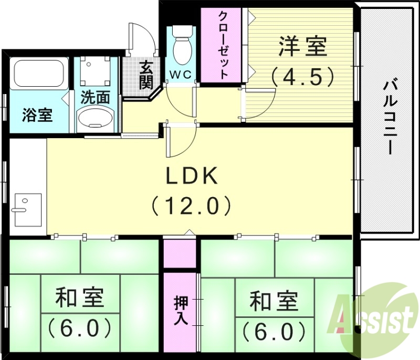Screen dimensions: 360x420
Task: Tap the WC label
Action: (180, 74)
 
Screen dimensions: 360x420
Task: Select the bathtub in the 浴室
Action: (38, 74)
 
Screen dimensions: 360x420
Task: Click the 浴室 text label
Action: (37, 115)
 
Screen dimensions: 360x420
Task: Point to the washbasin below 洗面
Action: (95, 120)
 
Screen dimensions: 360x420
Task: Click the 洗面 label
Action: (95, 97)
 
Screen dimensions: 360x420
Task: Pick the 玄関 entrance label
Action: (146, 75)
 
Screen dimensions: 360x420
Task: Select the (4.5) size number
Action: (303, 77)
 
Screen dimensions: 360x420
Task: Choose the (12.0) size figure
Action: (192, 204)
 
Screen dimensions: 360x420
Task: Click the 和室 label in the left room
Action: (80, 298)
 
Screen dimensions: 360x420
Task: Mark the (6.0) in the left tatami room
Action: (80, 328)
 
